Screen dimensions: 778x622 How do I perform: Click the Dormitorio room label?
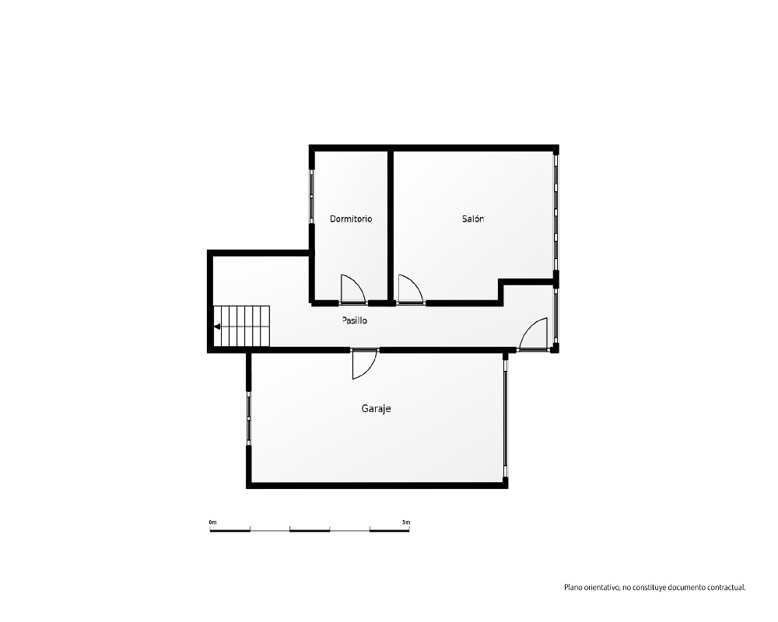351,218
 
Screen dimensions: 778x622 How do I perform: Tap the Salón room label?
473,218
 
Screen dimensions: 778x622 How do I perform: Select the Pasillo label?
354,320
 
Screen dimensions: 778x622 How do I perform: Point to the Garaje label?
376,409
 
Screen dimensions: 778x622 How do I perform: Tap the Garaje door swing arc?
370,370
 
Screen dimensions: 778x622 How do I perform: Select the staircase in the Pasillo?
242,327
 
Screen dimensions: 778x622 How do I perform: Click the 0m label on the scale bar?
213,522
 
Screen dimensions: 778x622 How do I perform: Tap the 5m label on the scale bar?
406,522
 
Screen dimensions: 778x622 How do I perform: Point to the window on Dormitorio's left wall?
312,197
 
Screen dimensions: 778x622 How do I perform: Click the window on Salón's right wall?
556,211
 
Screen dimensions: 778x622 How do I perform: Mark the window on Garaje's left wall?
249,418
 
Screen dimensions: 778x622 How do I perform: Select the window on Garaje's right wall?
506,418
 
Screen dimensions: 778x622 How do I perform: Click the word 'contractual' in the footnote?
726,588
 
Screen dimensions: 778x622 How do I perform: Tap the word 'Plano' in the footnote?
573,588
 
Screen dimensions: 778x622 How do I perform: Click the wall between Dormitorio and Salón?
391,225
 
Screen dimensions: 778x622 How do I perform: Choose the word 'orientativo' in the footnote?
601,588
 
